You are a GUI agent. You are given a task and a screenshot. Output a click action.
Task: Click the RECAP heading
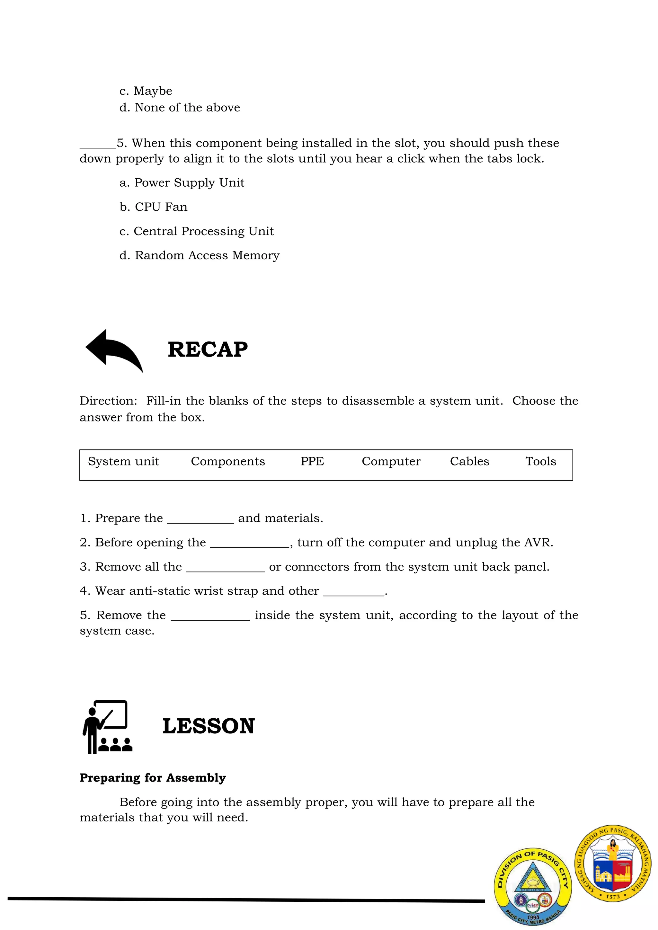click(x=208, y=350)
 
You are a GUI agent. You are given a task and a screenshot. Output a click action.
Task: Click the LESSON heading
click(x=208, y=726)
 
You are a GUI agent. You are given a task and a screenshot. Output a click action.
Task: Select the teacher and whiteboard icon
click(x=107, y=727)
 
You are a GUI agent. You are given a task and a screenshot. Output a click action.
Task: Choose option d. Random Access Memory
click(x=199, y=256)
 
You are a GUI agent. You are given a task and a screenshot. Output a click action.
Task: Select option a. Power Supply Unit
click(x=182, y=183)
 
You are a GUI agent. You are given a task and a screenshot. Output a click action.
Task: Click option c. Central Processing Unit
click(x=197, y=231)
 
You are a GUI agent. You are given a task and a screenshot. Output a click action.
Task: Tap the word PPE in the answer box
click(x=312, y=461)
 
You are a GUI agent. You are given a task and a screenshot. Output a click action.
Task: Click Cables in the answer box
click(x=469, y=461)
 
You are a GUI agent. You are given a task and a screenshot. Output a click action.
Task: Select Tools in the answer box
click(x=540, y=461)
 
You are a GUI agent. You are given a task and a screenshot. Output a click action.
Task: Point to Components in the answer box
click(x=228, y=461)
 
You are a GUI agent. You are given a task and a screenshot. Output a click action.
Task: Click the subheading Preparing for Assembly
click(x=153, y=778)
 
